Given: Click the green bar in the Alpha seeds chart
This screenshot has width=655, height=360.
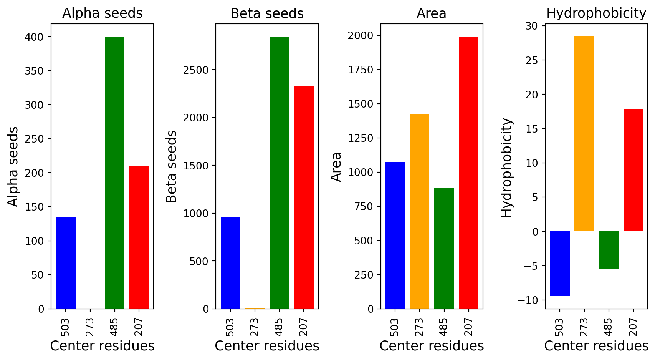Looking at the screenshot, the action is coord(115,173).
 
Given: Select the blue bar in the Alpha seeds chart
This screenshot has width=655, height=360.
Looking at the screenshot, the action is coord(66,263).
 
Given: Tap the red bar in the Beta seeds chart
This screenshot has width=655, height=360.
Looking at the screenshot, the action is coord(304,197).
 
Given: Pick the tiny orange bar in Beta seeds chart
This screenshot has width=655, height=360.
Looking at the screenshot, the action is coord(255,308).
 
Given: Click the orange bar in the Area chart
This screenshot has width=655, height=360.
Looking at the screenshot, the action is coord(419,211).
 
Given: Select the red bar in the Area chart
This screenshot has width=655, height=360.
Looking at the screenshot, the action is coord(468,173).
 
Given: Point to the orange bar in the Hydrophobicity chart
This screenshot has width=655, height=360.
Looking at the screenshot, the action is coord(584,134).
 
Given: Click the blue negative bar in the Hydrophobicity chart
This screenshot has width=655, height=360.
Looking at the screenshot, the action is coord(560,264).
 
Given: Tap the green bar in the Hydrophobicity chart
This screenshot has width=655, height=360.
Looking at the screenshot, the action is coord(609,250).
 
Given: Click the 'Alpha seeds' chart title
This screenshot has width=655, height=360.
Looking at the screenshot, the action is coord(103,13).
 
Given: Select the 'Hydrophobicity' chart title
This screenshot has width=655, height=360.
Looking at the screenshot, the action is coord(596,13).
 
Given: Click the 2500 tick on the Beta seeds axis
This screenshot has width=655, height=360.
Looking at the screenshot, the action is coord(196,70).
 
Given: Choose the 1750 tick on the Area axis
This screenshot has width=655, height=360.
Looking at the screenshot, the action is coord(361,70).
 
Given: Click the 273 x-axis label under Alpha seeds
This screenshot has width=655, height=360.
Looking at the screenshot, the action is coord(90,327).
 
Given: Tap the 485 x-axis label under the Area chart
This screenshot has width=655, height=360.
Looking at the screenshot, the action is coord(443,327).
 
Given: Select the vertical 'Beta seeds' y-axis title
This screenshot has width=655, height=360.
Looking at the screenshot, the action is coord(171,166).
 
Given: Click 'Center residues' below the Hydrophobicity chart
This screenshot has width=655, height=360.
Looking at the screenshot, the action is coord(596,346).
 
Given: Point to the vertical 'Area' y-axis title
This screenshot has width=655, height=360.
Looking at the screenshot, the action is coord(336,167).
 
